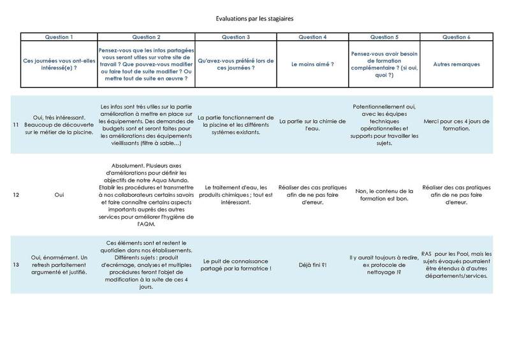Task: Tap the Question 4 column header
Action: tap(313, 37)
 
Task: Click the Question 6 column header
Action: tap(456, 37)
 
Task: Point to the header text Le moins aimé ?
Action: tap(313, 64)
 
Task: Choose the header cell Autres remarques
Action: tap(456, 64)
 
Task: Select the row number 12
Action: tap(16, 194)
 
